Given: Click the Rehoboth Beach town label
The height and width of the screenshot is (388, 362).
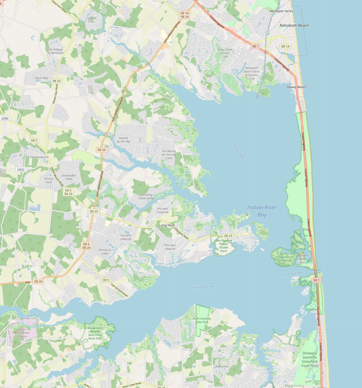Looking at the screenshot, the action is point(294,25).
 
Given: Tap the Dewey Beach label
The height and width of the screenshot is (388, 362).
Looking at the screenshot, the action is point(296,87).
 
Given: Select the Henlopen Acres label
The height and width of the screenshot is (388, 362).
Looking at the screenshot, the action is point(281,11).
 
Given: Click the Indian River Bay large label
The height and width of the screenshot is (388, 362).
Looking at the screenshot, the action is point(262,211).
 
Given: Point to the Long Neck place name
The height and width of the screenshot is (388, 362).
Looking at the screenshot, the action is point(167,225).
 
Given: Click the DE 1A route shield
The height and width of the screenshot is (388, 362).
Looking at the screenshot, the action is point(285,47).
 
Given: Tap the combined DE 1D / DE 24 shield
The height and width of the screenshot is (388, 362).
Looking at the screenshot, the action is point(185,15).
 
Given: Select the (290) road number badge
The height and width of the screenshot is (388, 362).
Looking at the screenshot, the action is point(5,119).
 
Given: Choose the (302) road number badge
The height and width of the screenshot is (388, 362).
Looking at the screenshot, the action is point(21,170).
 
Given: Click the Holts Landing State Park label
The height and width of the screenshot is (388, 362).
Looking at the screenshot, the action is point(201,320).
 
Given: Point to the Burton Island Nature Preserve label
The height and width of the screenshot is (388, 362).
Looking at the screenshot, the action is point(284,257).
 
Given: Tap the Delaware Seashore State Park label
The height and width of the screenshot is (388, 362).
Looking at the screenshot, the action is point(310,359).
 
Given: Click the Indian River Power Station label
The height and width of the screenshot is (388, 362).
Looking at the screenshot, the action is point(22,333).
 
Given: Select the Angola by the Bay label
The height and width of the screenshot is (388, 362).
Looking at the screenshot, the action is point(123,140).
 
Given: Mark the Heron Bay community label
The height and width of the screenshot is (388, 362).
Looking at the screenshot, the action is point(41,78).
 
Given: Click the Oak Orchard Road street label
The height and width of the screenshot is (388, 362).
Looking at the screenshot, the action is point(119,290).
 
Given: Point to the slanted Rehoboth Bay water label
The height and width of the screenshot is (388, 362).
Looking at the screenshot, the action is point(239,152).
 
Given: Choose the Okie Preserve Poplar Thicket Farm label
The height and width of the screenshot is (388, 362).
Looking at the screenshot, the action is point(223,246).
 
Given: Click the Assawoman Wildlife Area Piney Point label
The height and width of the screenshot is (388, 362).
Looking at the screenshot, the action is point(95,333).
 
